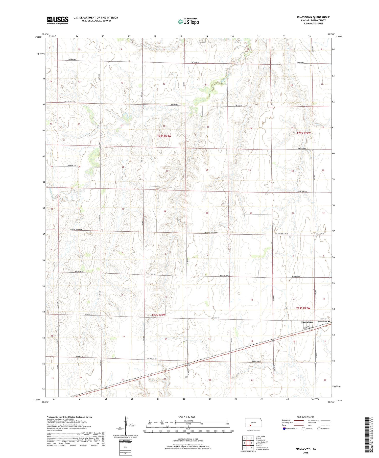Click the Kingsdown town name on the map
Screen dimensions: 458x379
click(x=307, y=322)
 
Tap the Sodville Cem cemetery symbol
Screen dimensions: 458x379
click(x=329, y=322)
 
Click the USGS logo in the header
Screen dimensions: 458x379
click(x=58, y=20)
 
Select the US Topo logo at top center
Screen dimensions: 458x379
click(x=188, y=22)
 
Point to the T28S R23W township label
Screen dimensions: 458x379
click(x=164, y=136)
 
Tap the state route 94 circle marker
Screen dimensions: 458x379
click(x=316, y=363)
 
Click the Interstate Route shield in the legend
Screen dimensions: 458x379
click(x=284, y=429)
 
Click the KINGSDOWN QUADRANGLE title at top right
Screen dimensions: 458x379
click(x=313, y=17)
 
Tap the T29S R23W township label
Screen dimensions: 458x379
click(x=158, y=315)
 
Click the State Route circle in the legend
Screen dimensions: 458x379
click(x=319, y=429)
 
